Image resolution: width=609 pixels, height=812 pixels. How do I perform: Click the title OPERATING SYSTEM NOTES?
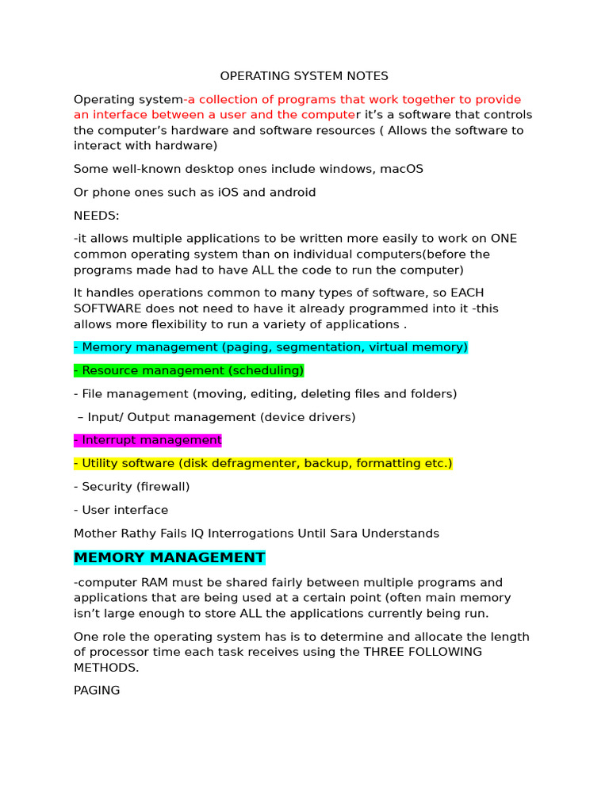[x=304, y=76]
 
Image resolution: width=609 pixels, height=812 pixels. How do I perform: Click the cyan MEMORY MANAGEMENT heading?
[x=169, y=557]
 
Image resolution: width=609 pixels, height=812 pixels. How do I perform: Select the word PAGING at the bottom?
[x=97, y=691]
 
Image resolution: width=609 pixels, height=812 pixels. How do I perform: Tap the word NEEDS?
[x=96, y=216]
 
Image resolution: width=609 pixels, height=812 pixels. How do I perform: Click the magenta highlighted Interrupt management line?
[x=147, y=440]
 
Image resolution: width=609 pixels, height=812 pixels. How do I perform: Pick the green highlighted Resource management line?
[x=189, y=370]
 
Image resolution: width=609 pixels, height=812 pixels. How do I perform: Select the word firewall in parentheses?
[x=163, y=487]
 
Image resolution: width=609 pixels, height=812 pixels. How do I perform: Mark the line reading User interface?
[x=121, y=510]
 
